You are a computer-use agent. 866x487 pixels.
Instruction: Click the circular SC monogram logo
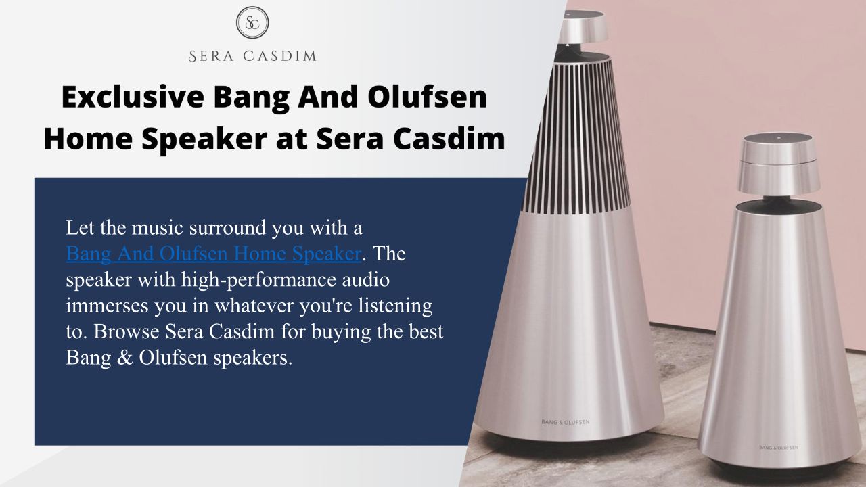pos(252,22)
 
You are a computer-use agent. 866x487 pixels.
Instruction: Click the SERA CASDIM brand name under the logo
pos(252,56)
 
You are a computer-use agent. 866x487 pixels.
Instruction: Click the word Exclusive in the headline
pos(133,97)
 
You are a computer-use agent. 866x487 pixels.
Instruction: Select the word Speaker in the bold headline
pos(204,139)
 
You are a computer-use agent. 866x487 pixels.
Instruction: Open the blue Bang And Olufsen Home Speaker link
pos(214,254)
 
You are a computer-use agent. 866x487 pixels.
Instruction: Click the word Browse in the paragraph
pos(127,331)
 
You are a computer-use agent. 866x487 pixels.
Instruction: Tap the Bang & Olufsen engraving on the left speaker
pos(566,422)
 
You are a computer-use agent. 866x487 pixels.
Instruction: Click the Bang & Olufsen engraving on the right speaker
pos(779,448)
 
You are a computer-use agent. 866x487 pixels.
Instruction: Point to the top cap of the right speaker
pos(779,162)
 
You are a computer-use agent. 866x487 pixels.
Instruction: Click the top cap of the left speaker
pos(583,27)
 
